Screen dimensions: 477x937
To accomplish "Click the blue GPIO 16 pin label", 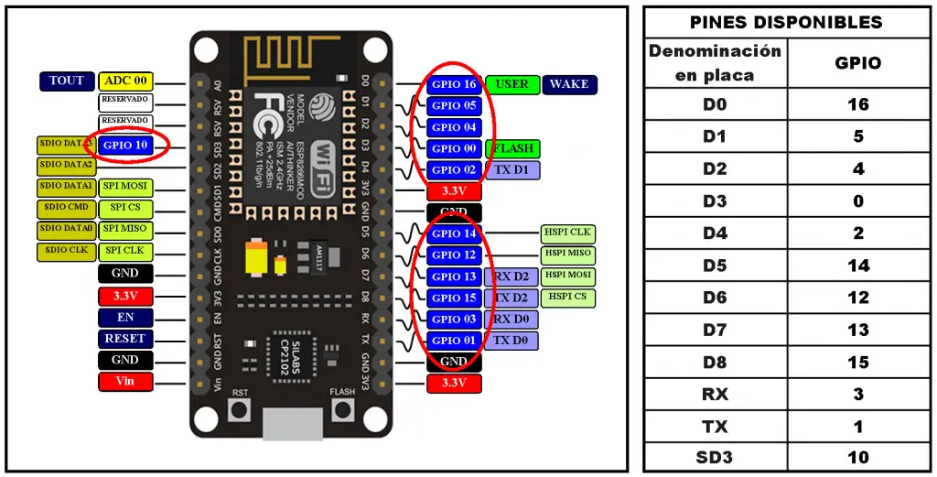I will click(x=454, y=84).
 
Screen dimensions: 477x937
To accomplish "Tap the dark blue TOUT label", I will click(x=67, y=81).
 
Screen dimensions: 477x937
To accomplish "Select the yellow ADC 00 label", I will click(x=125, y=81).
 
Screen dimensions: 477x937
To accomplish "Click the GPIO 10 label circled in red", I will click(x=125, y=145).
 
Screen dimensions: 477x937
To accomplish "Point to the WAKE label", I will click(x=569, y=84).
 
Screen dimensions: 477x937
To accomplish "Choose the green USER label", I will click(x=512, y=84).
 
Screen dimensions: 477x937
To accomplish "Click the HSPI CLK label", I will click(x=567, y=233).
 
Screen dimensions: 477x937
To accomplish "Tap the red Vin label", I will click(x=125, y=381).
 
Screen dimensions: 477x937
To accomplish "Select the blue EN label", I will click(x=125, y=318).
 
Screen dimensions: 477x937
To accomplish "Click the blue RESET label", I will click(x=125, y=339).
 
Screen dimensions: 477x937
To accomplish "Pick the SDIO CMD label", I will click(x=65, y=207).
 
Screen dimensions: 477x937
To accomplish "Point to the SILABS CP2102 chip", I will click(x=281, y=352).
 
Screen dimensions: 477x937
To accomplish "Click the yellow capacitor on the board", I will click(x=257, y=258).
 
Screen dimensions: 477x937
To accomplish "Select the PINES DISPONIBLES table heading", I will click(x=786, y=22).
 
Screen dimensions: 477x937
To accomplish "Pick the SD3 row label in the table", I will click(x=715, y=457).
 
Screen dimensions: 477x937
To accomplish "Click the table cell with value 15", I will click(x=857, y=363).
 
